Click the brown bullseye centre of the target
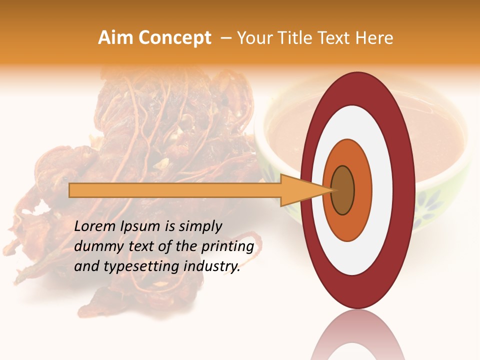pyautogui.click(x=343, y=190)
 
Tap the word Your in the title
pyautogui.click(x=253, y=38)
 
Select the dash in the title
pyautogui.click(x=225, y=38)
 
